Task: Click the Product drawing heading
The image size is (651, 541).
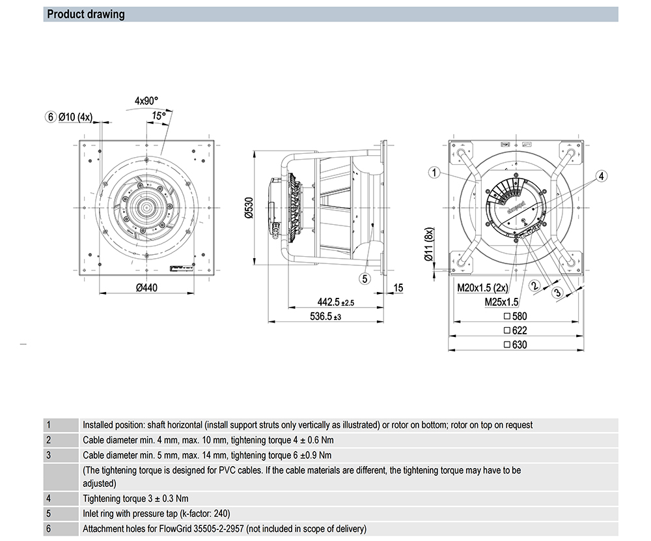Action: (86, 14)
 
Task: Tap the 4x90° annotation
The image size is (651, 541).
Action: (146, 101)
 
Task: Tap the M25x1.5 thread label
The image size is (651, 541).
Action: (501, 302)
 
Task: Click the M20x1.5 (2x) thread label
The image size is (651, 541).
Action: (482, 287)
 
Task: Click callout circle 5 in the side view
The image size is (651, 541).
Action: (365, 278)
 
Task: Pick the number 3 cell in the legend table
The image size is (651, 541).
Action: (49, 455)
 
